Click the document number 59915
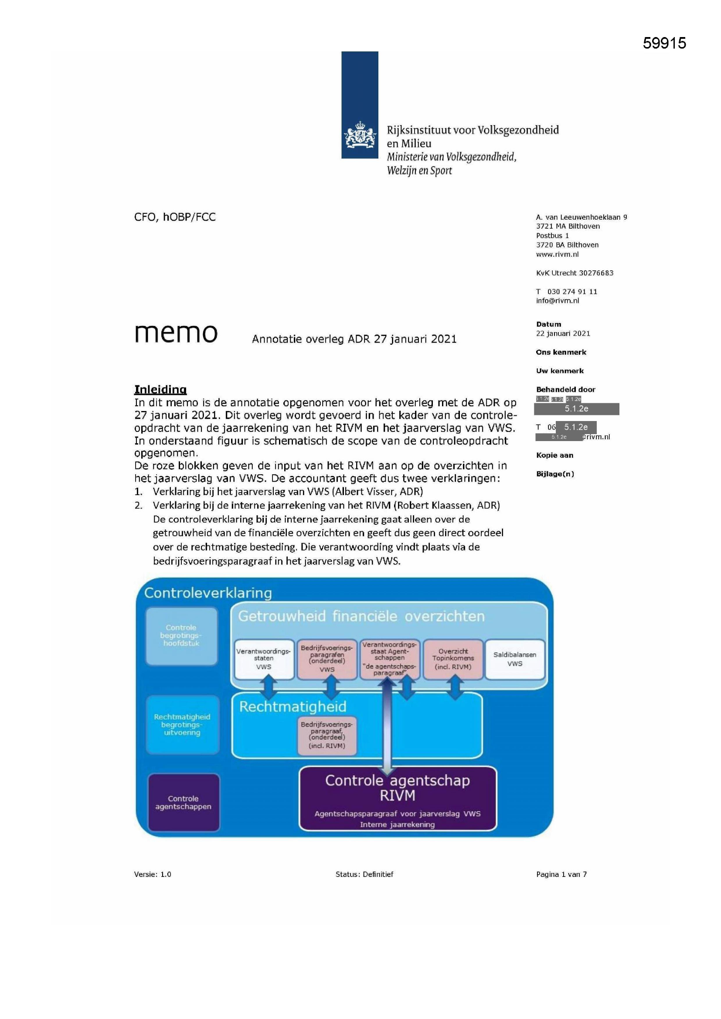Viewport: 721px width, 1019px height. (x=664, y=43)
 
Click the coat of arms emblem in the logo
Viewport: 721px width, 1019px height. (x=359, y=136)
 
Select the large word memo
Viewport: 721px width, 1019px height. (x=176, y=333)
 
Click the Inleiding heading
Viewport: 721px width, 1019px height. (x=160, y=390)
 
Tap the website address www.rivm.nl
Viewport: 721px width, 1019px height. (x=557, y=254)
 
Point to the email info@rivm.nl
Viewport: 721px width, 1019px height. (x=557, y=301)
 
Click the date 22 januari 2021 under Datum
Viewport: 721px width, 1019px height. (x=563, y=333)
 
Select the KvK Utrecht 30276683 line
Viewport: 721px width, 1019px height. (x=575, y=273)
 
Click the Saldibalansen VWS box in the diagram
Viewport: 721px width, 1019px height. (x=514, y=659)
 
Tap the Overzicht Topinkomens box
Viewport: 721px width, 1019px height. (x=453, y=659)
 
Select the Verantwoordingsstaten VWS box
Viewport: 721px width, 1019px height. (x=264, y=659)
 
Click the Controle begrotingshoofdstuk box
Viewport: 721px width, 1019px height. (x=181, y=635)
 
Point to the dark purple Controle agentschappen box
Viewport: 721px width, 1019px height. (x=184, y=802)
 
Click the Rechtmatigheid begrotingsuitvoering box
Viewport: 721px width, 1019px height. (x=182, y=724)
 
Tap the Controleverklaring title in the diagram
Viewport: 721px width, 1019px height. (x=208, y=593)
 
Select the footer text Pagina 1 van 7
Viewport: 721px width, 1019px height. (x=561, y=874)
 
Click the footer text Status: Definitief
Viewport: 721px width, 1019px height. (x=364, y=874)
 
